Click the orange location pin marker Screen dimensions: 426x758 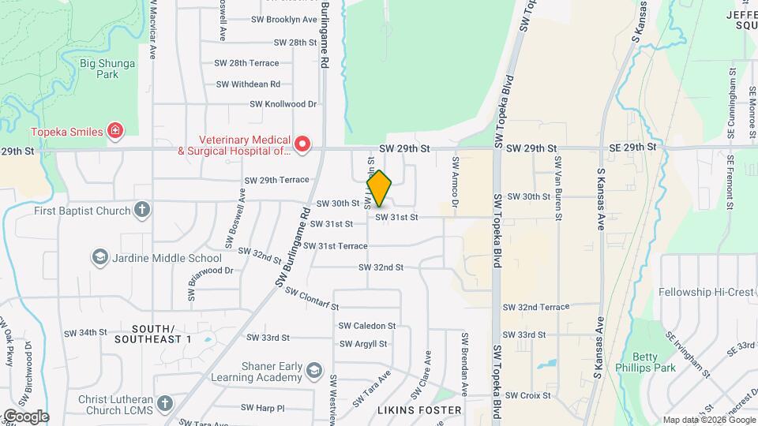click(380, 189)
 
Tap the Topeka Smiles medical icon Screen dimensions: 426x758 click(116, 131)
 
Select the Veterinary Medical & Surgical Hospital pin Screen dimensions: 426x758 click(302, 144)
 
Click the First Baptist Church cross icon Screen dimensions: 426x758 click(141, 210)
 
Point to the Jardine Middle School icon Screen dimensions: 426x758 click(99, 257)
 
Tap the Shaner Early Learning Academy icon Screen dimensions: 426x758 click(314, 371)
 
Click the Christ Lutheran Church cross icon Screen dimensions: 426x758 click(164, 403)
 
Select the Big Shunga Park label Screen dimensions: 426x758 click(107, 69)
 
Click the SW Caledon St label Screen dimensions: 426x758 click(367, 326)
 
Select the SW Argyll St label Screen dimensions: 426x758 click(362, 344)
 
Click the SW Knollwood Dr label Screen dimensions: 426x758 click(283, 103)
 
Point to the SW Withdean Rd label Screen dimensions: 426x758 click(248, 84)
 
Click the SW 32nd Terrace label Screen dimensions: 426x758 click(535, 307)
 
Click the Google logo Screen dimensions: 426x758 click(25, 417)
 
